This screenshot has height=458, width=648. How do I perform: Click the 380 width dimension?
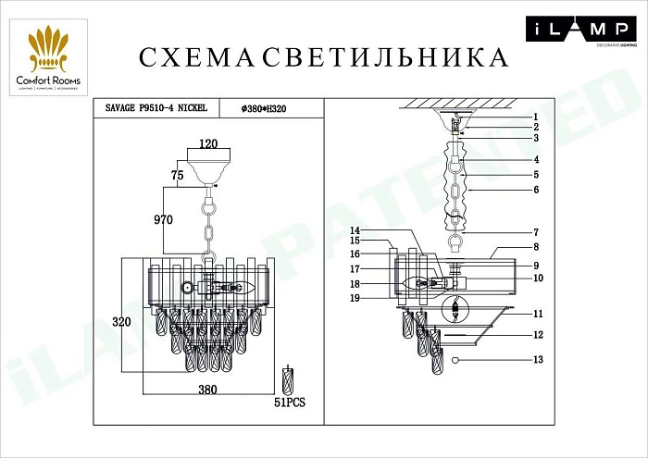[x=207, y=390]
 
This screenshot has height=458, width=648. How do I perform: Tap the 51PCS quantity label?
[x=291, y=403]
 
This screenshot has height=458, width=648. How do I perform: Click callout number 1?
[x=535, y=118]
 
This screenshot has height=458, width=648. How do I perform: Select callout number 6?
[x=535, y=190]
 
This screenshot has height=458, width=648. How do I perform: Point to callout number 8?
[x=535, y=247]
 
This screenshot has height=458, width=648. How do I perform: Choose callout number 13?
[x=536, y=359]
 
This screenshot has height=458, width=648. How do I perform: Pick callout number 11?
[x=536, y=315]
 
